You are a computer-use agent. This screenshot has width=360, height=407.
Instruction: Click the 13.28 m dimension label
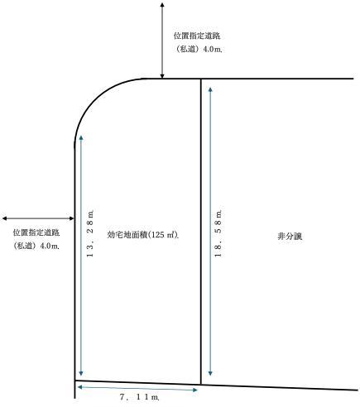[90, 234]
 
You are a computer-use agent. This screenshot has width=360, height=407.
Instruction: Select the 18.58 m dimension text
[218, 234]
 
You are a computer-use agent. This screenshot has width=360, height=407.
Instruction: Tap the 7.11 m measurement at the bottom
[139, 397]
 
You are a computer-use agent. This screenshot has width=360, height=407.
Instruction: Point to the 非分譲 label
[290, 237]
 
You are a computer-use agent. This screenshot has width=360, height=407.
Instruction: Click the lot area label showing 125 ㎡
[142, 235]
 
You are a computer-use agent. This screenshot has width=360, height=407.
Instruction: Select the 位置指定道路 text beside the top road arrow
[197, 36]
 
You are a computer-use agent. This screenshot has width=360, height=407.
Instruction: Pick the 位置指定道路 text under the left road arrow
[36, 232]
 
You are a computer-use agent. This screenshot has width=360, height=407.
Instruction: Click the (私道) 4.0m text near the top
[199, 50]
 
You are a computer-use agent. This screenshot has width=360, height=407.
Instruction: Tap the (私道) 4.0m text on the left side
[36, 246]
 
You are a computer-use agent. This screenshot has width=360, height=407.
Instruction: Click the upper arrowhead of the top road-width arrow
[162, 5]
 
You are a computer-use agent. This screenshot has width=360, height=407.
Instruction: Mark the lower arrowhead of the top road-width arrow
[162, 76]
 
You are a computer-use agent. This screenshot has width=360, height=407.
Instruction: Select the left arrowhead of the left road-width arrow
[4, 218]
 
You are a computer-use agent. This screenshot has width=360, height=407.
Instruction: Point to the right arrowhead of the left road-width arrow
[72, 218]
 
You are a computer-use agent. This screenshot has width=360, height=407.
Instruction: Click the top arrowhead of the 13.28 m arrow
[81, 137]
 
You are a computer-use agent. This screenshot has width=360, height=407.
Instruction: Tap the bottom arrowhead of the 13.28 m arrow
[81, 374]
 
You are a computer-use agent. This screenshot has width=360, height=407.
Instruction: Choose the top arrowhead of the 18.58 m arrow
[210, 89]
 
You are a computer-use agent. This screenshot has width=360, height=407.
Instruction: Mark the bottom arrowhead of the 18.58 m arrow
[210, 374]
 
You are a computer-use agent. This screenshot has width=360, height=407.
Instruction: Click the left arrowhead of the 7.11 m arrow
[79, 387]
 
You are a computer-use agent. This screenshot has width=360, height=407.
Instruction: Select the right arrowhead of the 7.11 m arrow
[195, 390]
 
